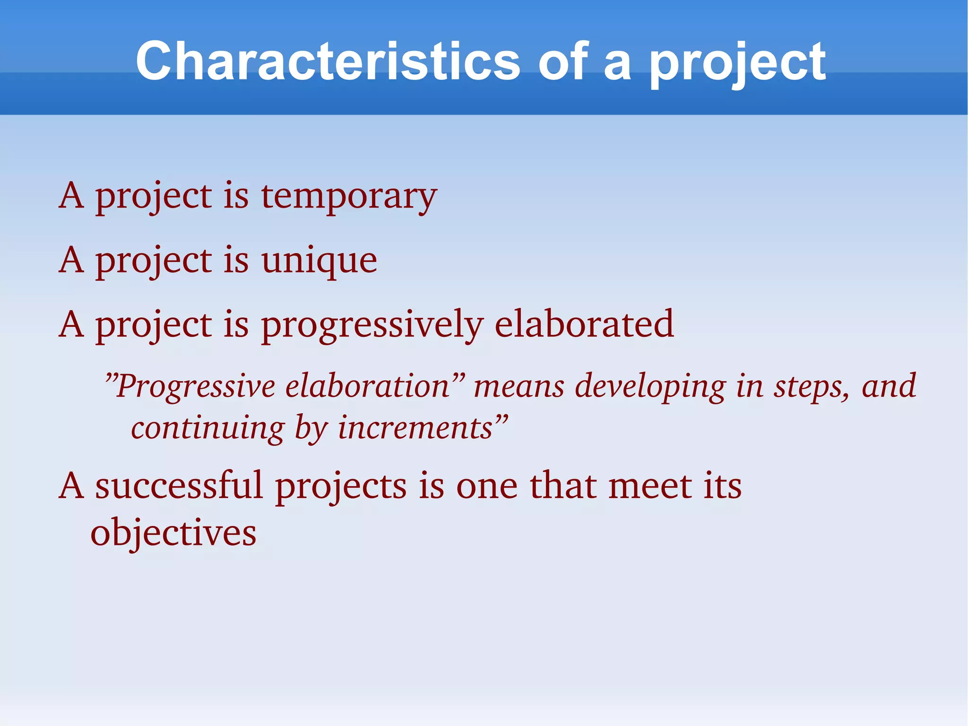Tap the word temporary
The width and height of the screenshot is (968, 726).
349,196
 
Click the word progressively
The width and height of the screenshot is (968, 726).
372,325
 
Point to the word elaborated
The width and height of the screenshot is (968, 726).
584,324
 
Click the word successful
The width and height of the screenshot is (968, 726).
179,486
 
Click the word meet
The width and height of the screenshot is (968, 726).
650,486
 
